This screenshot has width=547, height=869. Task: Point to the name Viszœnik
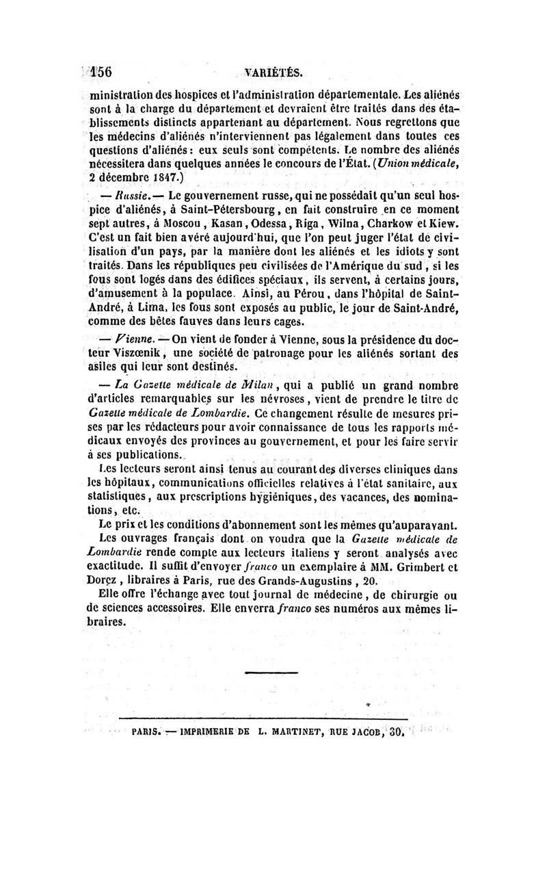coord(142,352)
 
